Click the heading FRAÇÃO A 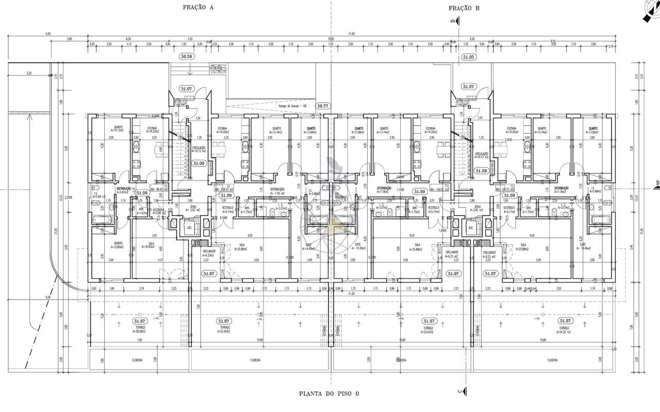coord(197,7)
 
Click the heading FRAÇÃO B coord(464,8)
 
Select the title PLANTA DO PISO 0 coord(328,393)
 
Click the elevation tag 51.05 coord(468,57)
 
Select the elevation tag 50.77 coord(323,105)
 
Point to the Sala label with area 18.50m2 coord(151,246)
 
